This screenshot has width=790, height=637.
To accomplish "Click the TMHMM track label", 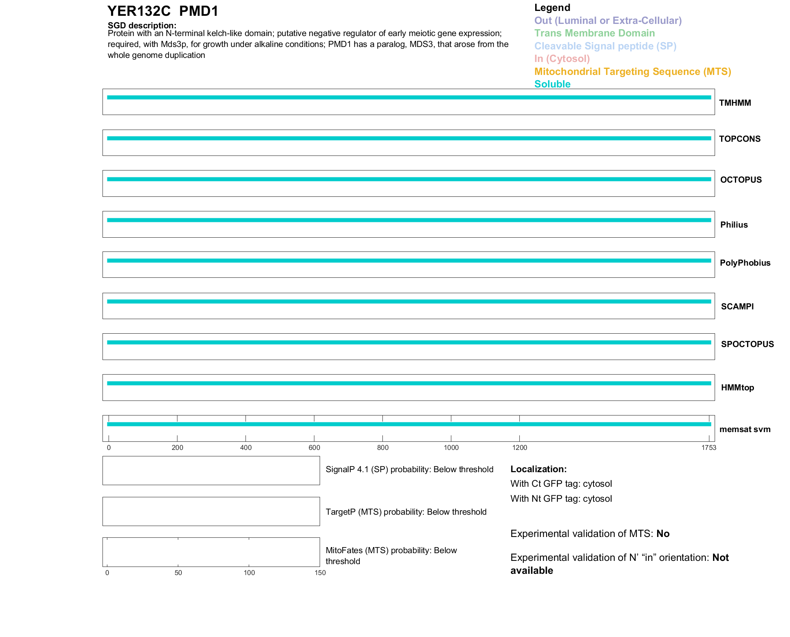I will [x=734, y=103].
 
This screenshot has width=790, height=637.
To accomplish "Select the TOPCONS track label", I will [x=739, y=139].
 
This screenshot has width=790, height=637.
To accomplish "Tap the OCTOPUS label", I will [x=741, y=180].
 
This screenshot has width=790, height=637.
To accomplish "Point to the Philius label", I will [x=734, y=225].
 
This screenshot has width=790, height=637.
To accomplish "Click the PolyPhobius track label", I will [x=745, y=263].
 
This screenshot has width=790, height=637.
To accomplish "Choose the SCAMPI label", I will [x=737, y=307].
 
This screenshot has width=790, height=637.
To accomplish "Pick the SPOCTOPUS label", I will [x=747, y=344].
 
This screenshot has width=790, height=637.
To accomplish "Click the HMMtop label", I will [x=737, y=388].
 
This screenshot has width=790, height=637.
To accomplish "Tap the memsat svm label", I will [x=745, y=429].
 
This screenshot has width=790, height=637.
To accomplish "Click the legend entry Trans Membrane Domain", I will [x=594, y=33].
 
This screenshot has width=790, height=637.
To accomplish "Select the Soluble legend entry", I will [x=552, y=84].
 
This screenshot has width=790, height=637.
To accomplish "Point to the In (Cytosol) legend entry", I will [x=562, y=59].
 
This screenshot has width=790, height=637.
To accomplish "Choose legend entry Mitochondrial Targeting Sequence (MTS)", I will [x=632, y=72].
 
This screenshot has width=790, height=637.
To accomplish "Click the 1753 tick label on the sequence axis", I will [x=709, y=447].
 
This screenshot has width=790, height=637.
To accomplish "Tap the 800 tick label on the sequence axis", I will [x=382, y=447].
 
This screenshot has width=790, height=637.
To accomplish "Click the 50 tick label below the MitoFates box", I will [x=178, y=573].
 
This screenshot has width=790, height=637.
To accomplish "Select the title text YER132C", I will [x=139, y=11].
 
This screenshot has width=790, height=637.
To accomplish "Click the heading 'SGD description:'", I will [x=142, y=26].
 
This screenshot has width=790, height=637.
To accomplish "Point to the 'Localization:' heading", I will [x=538, y=469].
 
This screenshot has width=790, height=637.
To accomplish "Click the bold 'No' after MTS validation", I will [x=663, y=534].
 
